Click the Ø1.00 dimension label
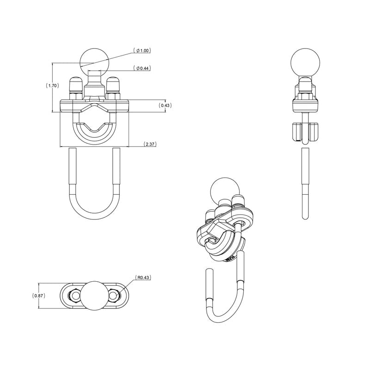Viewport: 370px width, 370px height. pyautogui.click(x=144, y=50)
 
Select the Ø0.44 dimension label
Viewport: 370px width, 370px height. pyautogui.click(x=144, y=68)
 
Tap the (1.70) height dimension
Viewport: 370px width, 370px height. pyautogui.click(x=52, y=86)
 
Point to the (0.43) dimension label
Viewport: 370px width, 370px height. pyautogui.click(x=165, y=105)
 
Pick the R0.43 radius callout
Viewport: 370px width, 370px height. pyautogui.click(x=143, y=278)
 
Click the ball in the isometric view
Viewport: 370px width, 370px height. pyautogui.click(x=224, y=191)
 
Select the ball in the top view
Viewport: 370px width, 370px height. pyautogui.click(x=95, y=295)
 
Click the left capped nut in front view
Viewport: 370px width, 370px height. pyautogui.click(x=76, y=86)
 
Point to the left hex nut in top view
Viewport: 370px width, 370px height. pyautogui.click(x=74, y=295)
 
